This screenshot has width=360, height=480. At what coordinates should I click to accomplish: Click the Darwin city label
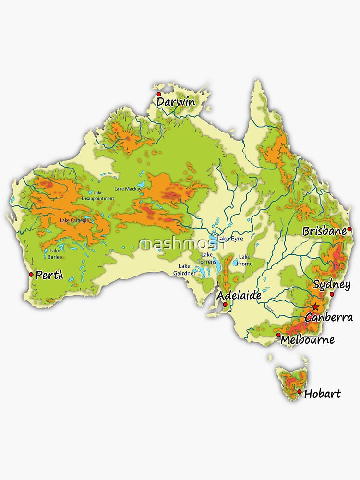[176, 102]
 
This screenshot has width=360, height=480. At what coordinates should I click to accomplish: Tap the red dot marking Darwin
[159, 94]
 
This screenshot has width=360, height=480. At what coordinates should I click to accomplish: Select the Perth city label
[49, 276]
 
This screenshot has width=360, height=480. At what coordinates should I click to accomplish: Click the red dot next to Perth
[31, 275]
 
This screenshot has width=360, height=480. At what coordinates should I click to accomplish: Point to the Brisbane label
[324, 231]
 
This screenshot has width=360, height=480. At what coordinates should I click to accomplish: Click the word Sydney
[332, 284]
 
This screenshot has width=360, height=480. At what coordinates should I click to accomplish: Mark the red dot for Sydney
[332, 294]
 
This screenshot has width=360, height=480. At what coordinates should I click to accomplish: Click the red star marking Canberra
[315, 307]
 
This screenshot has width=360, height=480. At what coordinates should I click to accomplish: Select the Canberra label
[329, 317]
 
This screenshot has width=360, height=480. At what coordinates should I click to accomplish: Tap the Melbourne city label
[308, 340]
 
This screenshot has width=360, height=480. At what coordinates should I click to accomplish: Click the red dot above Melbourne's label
[278, 335]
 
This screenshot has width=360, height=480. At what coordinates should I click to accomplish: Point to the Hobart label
[323, 394]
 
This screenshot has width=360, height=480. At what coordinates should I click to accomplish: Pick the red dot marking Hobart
[300, 392]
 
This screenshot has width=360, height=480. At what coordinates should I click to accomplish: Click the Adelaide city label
[239, 296]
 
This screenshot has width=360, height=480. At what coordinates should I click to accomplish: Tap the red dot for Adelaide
[225, 304]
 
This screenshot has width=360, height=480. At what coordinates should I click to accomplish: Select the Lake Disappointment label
[98, 195]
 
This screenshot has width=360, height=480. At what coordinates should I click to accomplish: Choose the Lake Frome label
[245, 260]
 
